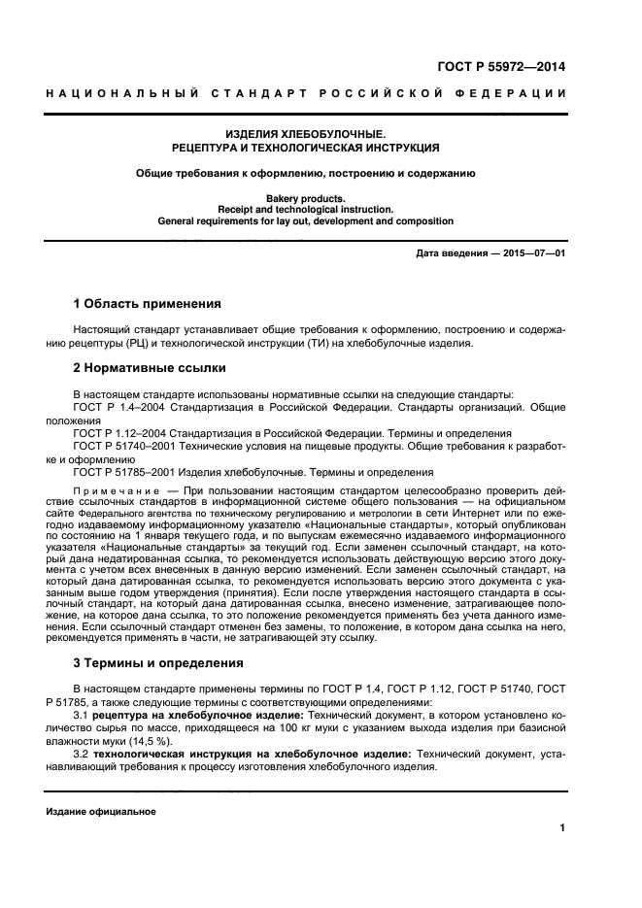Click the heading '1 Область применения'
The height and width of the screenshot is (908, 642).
tap(148, 304)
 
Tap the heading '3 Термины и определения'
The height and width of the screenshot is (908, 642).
tap(158, 663)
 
